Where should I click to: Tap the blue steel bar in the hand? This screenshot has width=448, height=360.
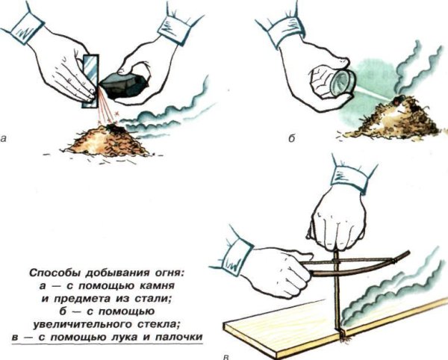pos(91,81)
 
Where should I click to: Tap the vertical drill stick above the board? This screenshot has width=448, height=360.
pos(338,291)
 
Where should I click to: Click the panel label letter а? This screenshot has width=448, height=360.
pos(3,139)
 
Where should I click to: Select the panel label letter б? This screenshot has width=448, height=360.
pos(291,138)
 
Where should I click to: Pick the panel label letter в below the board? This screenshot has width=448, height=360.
pos(226,357)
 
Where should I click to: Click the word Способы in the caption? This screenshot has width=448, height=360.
pos(53,273)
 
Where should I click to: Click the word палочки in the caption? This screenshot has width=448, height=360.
pos(179,338)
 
